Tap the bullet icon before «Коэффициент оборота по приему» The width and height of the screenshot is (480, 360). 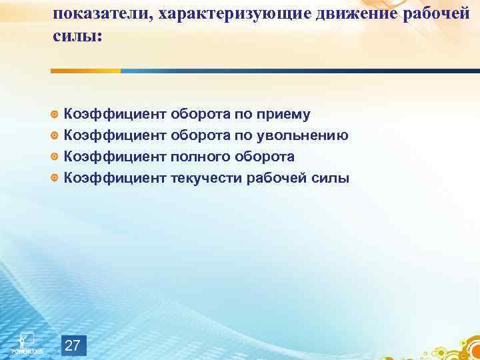(55, 115)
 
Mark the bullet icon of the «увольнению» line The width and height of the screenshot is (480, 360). (55, 136)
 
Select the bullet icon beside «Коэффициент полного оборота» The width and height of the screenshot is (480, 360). (55, 157)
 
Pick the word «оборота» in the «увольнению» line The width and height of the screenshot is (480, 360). (199, 136)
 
